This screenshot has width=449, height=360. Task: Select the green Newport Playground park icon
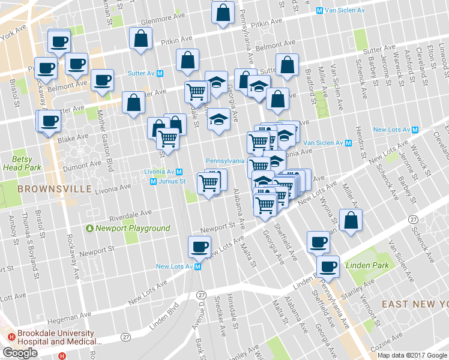90,229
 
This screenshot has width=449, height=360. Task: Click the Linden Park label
367,265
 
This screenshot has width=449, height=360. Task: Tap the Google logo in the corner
20,353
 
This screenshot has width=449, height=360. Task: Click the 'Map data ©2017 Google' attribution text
412,355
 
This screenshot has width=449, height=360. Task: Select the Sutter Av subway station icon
160,73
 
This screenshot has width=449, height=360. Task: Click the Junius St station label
172,181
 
